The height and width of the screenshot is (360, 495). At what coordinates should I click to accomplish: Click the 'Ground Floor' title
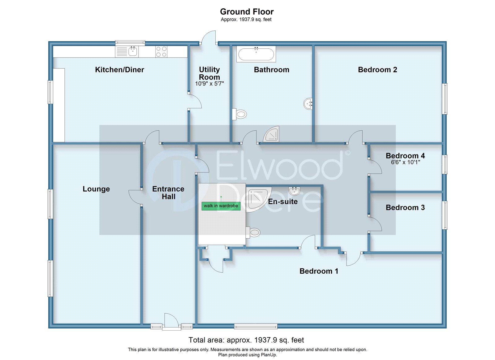click(x=247, y=12)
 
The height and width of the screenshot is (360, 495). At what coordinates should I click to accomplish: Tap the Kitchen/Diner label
click(x=119, y=70)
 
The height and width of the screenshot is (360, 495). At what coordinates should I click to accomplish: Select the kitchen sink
click(x=133, y=51)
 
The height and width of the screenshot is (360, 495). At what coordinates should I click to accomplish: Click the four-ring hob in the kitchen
click(x=161, y=52)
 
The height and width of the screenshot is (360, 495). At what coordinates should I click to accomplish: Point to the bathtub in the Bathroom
click(x=256, y=54)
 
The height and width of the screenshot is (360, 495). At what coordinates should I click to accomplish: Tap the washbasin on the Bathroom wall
click(x=308, y=104)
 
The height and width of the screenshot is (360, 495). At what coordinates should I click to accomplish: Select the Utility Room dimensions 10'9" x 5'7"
click(x=209, y=84)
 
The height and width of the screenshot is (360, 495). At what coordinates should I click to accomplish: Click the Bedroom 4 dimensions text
click(x=405, y=162)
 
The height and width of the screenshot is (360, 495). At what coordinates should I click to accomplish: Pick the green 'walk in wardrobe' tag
click(x=221, y=206)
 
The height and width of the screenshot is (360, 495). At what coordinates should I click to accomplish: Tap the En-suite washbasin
click(x=294, y=191)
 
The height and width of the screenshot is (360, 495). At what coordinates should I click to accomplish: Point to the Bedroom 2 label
click(x=377, y=70)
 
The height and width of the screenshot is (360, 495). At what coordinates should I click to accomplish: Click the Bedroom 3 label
click(x=405, y=207)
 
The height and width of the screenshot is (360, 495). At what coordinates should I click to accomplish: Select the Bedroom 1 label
click(x=319, y=271)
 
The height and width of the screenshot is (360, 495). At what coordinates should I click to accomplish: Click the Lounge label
click(x=96, y=189)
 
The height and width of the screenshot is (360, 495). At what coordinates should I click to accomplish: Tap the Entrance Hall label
click(x=168, y=193)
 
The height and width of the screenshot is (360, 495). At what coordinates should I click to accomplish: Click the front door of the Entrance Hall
click(x=171, y=322)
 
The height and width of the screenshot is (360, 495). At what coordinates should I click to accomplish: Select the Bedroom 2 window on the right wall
click(x=445, y=99)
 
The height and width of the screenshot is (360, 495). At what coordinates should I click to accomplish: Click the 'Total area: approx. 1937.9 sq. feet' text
click(x=246, y=340)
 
